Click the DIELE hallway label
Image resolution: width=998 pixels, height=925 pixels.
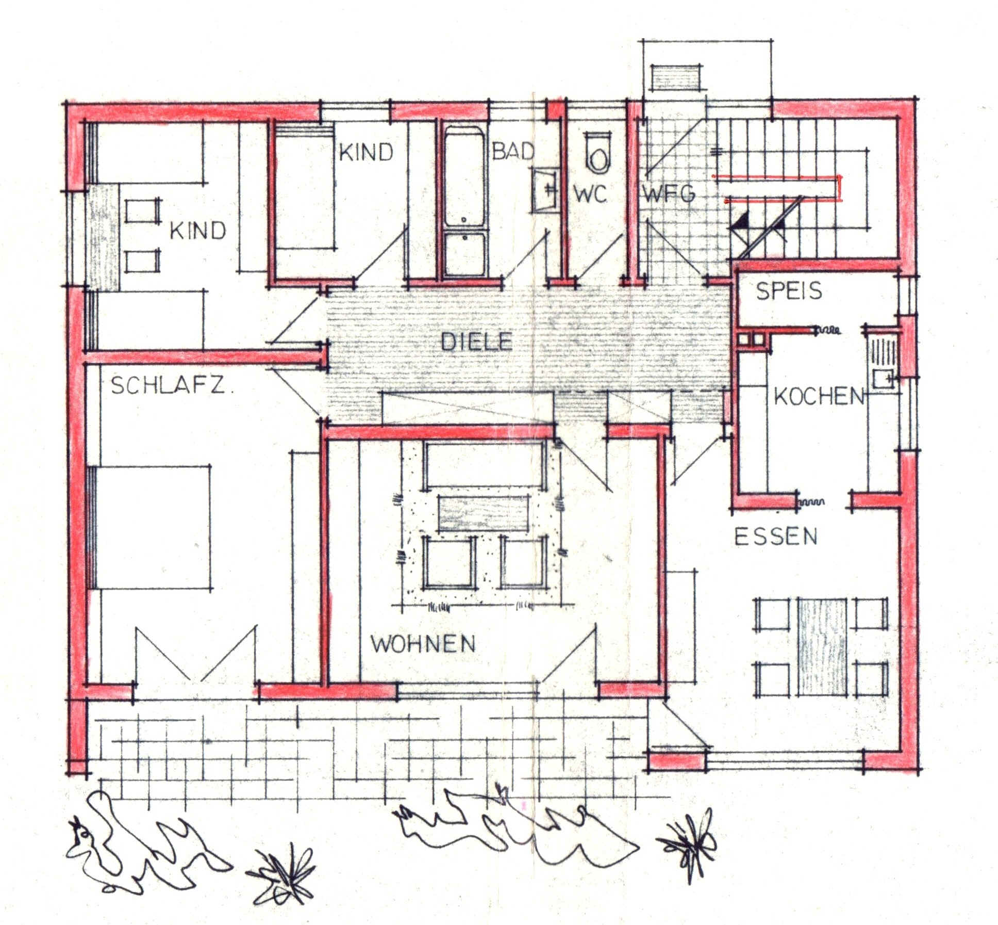pos(477,342)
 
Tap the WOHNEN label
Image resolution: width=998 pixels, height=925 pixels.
pos(423,644)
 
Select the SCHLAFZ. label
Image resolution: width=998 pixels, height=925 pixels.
pos(172,386)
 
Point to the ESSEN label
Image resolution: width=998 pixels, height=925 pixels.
pos(776,537)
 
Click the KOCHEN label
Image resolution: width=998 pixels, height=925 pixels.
pos(819,396)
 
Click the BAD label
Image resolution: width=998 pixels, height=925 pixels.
pos(513,151)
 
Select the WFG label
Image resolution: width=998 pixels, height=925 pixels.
pos(669,194)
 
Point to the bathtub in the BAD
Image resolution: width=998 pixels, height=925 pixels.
pos(464,201)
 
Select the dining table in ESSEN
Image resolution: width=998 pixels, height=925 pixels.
pos(822,646)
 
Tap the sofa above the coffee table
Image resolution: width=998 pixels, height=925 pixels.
pos(485,465)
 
